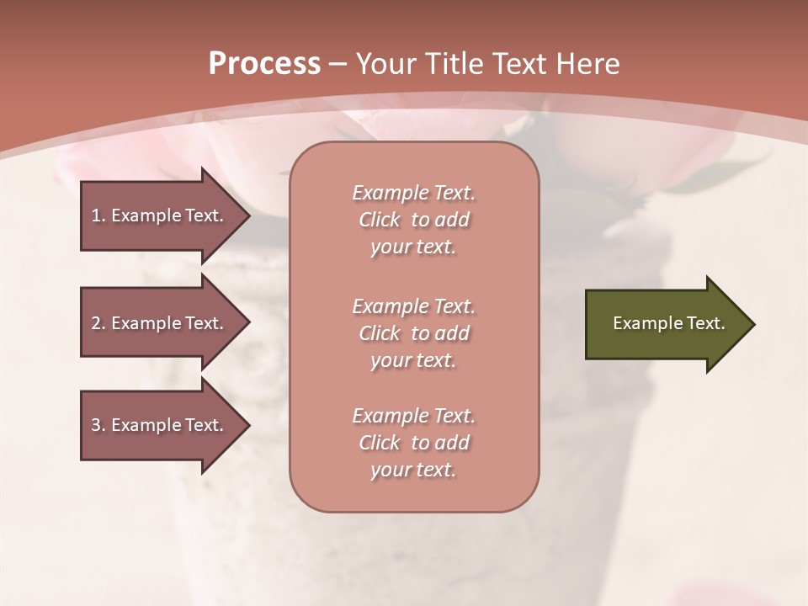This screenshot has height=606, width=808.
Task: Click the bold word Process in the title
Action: (x=264, y=63)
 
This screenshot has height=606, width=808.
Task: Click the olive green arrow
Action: (x=665, y=324)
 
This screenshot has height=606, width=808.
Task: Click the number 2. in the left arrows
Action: (x=98, y=323)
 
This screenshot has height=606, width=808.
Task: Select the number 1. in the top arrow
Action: (x=98, y=215)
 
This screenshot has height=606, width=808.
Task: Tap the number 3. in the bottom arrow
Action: (x=98, y=425)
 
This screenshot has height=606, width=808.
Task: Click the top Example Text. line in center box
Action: (x=413, y=193)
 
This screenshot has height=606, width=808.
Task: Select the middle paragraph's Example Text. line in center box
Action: (x=413, y=306)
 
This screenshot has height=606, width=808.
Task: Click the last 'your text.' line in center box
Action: (x=413, y=470)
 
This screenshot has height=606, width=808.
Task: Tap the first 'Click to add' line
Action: (x=413, y=220)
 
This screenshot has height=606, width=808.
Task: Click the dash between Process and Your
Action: (x=338, y=63)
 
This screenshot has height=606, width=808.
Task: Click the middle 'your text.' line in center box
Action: (x=413, y=360)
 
